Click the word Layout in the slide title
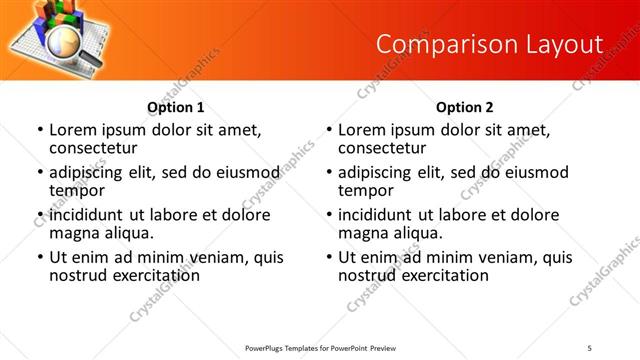[x=566, y=44]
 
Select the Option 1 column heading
[x=175, y=107]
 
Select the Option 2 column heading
[x=465, y=107]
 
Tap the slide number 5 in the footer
[x=590, y=347]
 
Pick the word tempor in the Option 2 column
[x=367, y=191]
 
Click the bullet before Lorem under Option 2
[x=329, y=130]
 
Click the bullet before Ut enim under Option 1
[x=40, y=257]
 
